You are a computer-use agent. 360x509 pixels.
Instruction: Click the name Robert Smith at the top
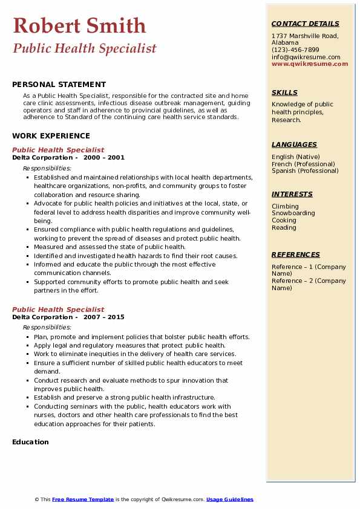pos(79,25)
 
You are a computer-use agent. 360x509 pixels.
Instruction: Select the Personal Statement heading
pos(59,85)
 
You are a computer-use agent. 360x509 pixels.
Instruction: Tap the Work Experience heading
pos(51,136)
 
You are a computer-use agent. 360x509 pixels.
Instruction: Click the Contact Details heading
pos(305,24)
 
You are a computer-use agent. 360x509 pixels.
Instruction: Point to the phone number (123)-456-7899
pos(295,50)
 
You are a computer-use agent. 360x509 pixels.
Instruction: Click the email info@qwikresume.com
pos(306,57)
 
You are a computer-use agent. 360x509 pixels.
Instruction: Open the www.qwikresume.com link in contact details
pos(310,63)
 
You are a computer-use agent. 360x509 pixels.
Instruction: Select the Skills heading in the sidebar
pos(284,92)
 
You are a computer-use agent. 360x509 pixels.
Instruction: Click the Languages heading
pos(294,144)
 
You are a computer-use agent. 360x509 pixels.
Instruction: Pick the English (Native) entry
pos(296,157)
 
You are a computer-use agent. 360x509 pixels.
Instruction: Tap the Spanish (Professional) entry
pos(305,171)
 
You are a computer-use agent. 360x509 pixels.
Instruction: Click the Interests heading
pos(292,194)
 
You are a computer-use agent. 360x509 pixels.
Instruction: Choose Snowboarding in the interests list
pos(293,213)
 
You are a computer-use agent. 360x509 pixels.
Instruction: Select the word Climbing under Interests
pos(285,206)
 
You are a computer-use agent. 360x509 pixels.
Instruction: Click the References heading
pos(296,254)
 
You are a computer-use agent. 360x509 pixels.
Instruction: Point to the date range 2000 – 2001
pos(103,158)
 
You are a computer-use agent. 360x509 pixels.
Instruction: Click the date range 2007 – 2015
pos(103,317)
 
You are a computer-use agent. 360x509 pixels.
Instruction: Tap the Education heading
pos(30,442)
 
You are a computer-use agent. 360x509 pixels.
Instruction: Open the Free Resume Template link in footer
pos(83,499)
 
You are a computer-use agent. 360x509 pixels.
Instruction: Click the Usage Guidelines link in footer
pos(230,499)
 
